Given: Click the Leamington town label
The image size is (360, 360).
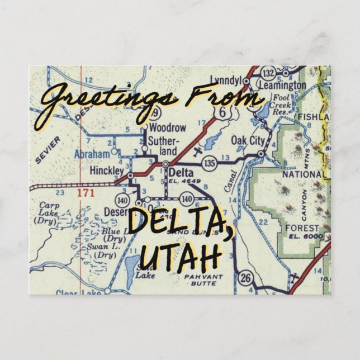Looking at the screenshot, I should point(282,86).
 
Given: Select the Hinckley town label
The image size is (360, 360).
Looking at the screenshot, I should point(106,170).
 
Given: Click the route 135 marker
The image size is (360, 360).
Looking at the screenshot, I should point(210,163).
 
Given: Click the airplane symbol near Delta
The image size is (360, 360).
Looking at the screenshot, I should point(196,151).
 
